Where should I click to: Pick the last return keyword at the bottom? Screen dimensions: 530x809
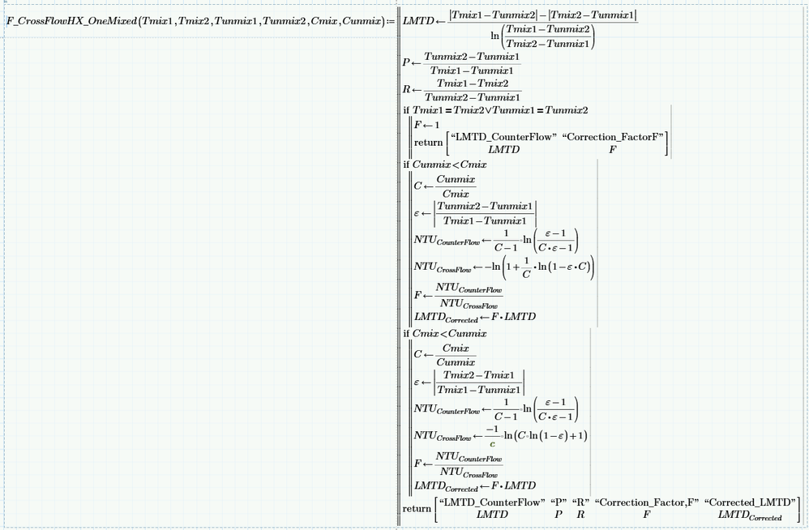point(417,508)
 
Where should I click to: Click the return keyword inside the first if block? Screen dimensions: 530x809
point(428,143)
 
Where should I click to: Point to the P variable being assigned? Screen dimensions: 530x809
point(406,62)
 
